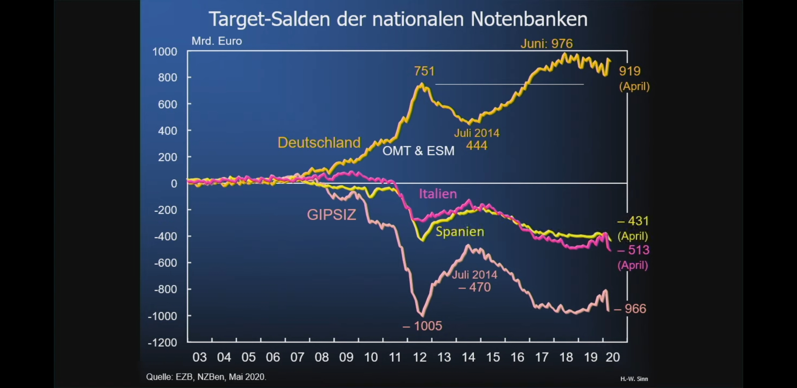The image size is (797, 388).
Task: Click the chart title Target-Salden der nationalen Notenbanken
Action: click(x=398, y=19)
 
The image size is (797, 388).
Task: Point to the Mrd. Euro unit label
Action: click(x=216, y=41)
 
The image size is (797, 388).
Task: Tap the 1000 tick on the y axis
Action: click(x=165, y=52)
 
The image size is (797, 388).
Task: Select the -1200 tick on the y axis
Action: click(x=163, y=342)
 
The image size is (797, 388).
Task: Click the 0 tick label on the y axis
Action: click(x=174, y=184)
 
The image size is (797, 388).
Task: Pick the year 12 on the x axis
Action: click(x=419, y=357)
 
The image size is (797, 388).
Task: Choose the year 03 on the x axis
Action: click(x=200, y=357)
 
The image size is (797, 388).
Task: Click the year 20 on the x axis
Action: click(x=613, y=357)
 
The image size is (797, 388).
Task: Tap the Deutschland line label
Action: click(x=319, y=143)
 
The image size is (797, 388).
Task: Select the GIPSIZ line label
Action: click(x=331, y=215)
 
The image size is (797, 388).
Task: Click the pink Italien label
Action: click(x=438, y=194)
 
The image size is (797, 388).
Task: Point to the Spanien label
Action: click(x=460, y=232)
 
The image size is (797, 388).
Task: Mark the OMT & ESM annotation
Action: click(x=418, y=151)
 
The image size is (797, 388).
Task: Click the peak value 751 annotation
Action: click(x=424, y=71)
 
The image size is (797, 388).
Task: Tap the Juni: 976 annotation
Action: click(x=546, y=44)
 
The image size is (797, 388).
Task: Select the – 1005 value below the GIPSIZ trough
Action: click(x=422, y=326)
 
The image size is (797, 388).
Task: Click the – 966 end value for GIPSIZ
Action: click(x=630, y=309)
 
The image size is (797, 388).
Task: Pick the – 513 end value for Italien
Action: click(x=633, y=250)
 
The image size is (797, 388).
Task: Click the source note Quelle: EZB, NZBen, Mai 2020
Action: click(x=206, y=377)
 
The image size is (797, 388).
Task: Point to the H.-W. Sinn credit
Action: click(x=634, y=379)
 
